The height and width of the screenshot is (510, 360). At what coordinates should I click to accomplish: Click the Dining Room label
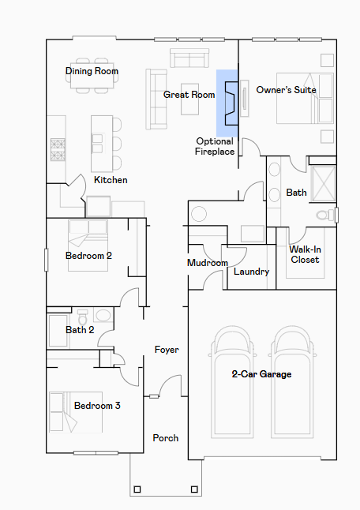(x=92, y=71)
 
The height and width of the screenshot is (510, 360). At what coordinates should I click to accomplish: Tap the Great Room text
(x=189, y=95)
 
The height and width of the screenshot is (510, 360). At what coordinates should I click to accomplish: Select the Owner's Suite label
(x=286, y=90)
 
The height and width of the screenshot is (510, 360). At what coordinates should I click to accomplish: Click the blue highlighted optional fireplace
(x=227, y=103)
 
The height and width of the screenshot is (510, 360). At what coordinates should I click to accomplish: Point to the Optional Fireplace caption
(x=215, y=146)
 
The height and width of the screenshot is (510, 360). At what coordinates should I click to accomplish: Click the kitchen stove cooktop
(x=58, y=150)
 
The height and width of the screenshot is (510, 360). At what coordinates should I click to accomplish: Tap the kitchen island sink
(x=98, y=144)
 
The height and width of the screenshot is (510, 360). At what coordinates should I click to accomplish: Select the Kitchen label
(x=111, y=180)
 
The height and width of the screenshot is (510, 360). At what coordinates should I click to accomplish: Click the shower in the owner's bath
(x=323, y=183)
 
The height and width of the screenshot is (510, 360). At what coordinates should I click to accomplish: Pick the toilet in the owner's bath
(x=325, y=215)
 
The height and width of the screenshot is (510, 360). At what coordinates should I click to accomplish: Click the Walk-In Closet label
(x=305, y=254)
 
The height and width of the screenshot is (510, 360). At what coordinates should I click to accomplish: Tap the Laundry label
(x=251, y=272)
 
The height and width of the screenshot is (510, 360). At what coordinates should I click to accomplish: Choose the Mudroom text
(x=208, y=263)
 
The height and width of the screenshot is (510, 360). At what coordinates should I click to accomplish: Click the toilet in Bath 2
(x=83, y=317)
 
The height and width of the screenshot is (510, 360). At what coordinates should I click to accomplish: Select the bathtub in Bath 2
(x=58, y=331)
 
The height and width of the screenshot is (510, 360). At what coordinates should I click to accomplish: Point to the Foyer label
(x=167, y=350)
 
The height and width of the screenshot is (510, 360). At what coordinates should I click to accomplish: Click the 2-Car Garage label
(x=261, y=374)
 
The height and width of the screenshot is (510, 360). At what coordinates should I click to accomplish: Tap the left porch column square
(x=137, y=489)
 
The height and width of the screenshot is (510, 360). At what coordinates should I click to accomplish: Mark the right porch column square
(x=194, y=489)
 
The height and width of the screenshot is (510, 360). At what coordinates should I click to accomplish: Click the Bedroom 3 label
(x=97, y=406)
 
